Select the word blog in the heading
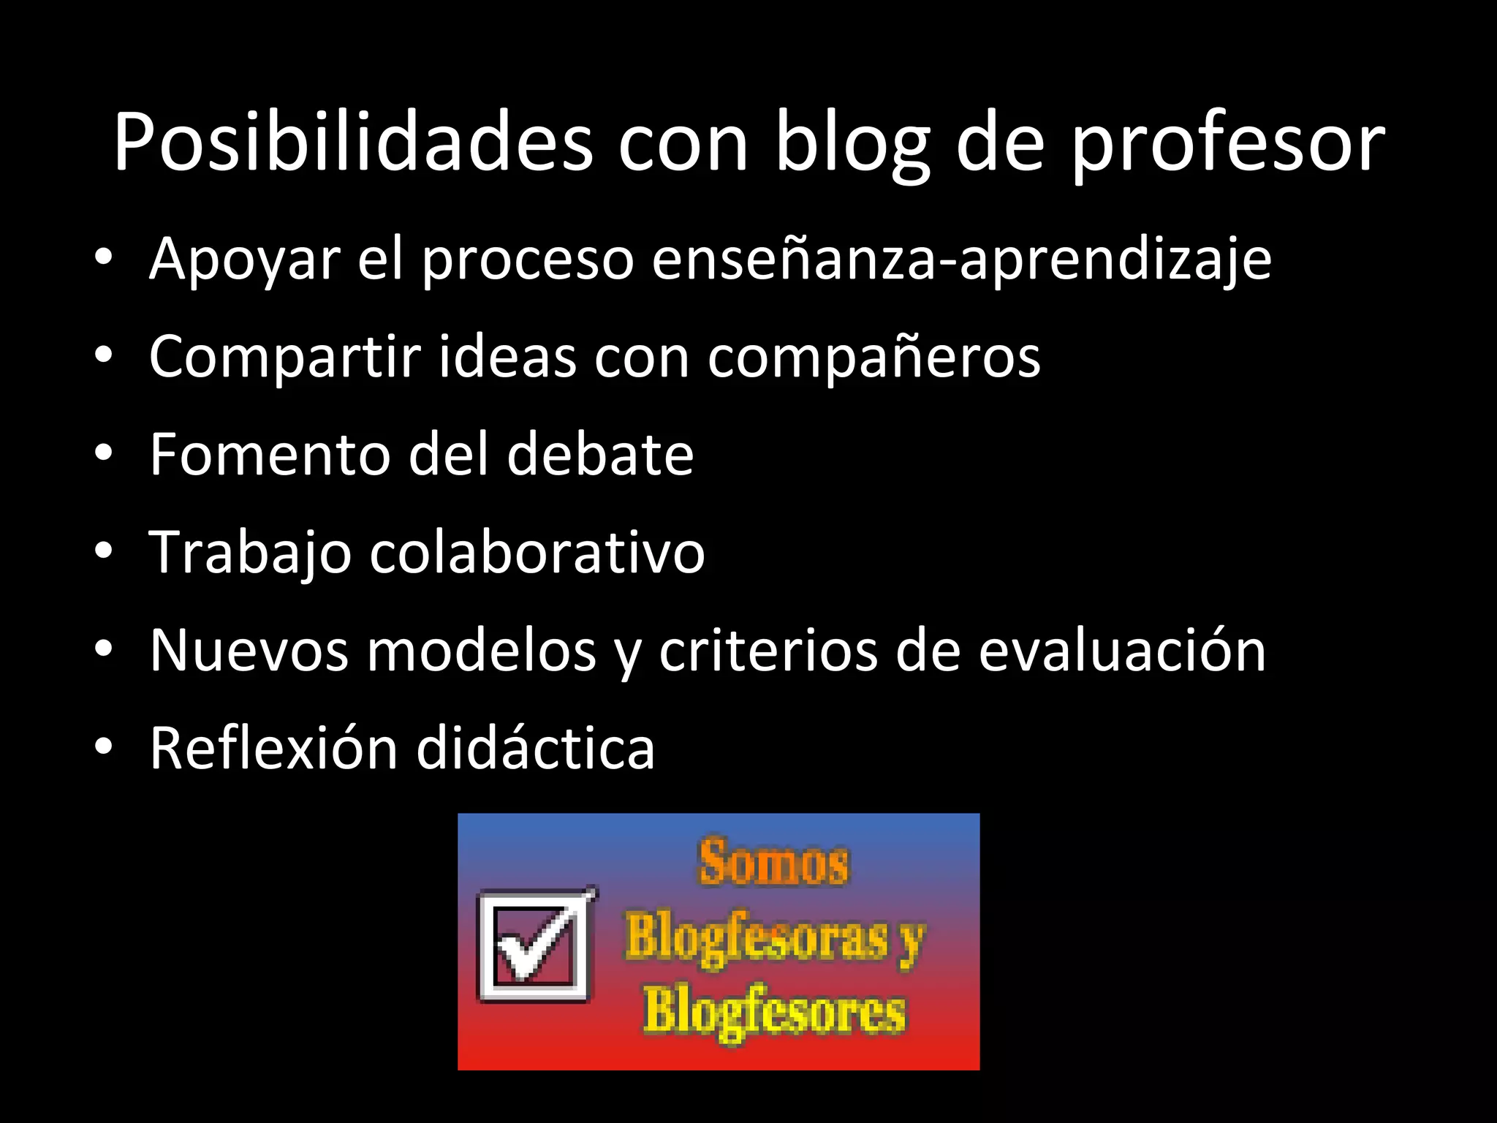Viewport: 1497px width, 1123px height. [x=852, y=144]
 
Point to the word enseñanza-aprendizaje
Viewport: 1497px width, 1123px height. [x=961, y=260]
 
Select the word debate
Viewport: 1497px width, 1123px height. [x=600, y=454]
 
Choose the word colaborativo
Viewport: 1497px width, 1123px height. [x=537, y=552]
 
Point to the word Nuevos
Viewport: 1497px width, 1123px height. [x=249, y=650]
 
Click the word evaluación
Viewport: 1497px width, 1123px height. [x=1122, y=650]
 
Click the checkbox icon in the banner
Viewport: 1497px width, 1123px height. [x=536, y=945]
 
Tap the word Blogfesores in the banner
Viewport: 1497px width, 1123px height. [x=774, y=1013]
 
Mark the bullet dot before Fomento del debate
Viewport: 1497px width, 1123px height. [x=104, y=454]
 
